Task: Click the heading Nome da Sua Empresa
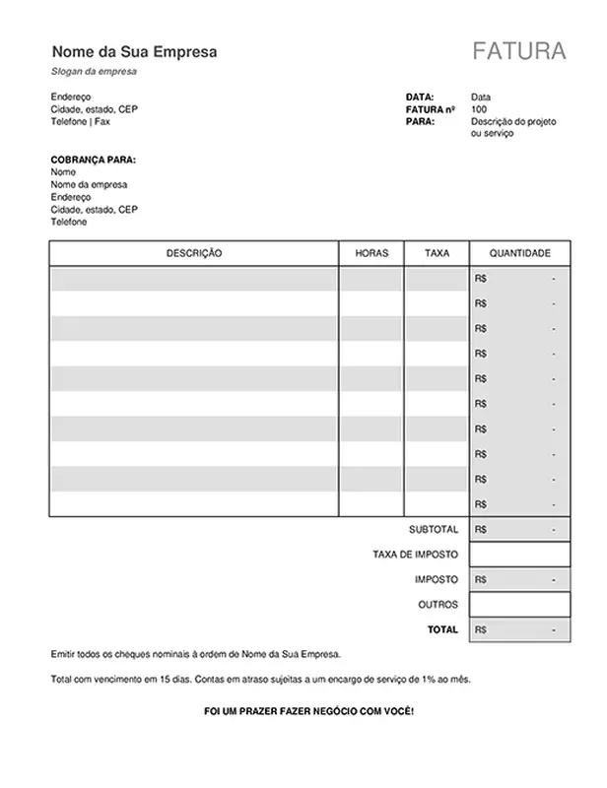tap(134, 51)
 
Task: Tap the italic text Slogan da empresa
tap(94, 72)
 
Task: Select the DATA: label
tap(420, 97)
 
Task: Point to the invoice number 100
tap(479, 109)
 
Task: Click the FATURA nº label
tap(431, 109)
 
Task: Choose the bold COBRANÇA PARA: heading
tap(93, 160)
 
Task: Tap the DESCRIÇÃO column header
tap(194, 253)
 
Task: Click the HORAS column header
tap(371, 253)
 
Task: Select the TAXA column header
tap(437, 253)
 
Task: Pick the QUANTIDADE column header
tap(520, 253)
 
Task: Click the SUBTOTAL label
tap(434, 529)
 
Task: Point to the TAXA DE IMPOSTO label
tap(416, 554)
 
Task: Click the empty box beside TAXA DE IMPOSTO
tap(520, 554)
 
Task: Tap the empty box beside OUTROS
tap(520, 604)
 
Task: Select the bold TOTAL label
tap(442, 628)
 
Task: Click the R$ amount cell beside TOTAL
tap(520, 628)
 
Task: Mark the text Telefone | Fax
tap(80, 121)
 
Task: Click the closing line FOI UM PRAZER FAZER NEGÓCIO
tap(308, 710)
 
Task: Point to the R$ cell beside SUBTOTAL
tap(520, 529)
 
